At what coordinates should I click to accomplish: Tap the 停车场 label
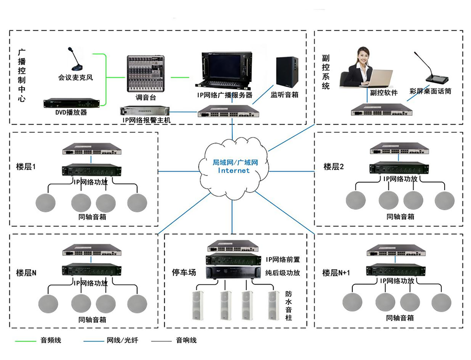184,272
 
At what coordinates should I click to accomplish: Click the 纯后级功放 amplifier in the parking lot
233,273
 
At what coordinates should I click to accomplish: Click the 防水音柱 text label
289,306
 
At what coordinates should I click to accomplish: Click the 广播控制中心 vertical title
22,75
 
